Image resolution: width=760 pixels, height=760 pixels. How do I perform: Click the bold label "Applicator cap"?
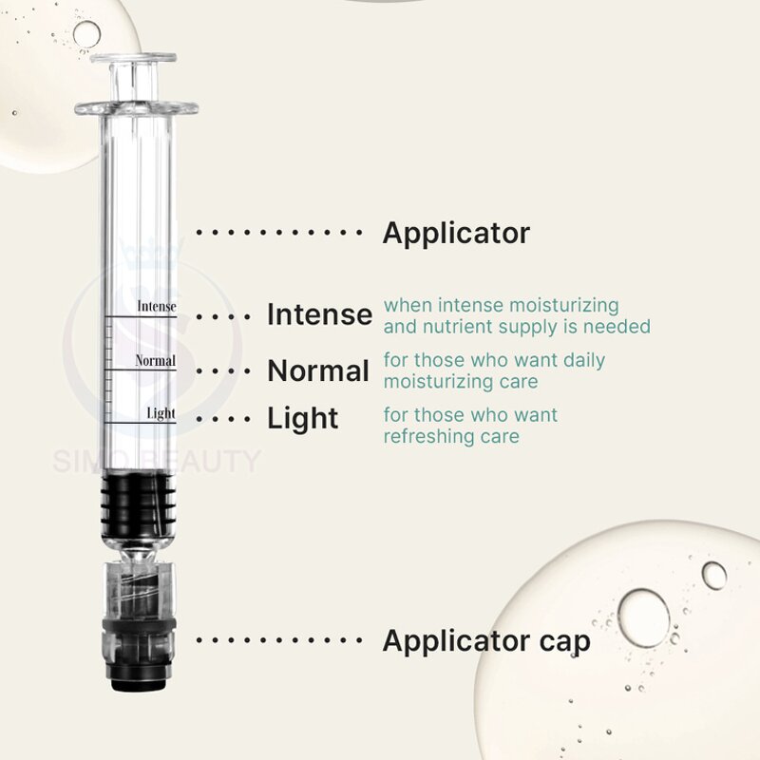pyautogui.click(x=485, y=640)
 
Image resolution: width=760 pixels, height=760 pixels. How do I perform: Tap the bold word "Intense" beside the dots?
pyautogui.click(x=319, y=314)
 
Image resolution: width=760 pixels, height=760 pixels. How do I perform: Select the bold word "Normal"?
pyautogui.click(x=318, y=370)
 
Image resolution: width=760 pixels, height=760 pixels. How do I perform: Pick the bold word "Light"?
pyautogui.click(x=302, y=418)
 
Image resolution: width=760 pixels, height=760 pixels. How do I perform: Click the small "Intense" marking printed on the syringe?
pyautogui.click(x=157, y=306)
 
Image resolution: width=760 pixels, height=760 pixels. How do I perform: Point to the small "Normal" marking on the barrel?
pyautogui.click(x=156, y=361)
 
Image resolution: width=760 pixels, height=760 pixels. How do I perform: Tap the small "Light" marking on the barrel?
pyautogui.click(x=161, y=413)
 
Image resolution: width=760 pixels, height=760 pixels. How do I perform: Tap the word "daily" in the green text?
pyautogui.click(x=579, y=361)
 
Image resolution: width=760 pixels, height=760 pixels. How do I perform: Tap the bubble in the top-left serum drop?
pyautogui.click(x=86, y=35)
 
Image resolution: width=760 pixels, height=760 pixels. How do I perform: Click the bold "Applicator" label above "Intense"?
pyautogui.click(x=456, y=233)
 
